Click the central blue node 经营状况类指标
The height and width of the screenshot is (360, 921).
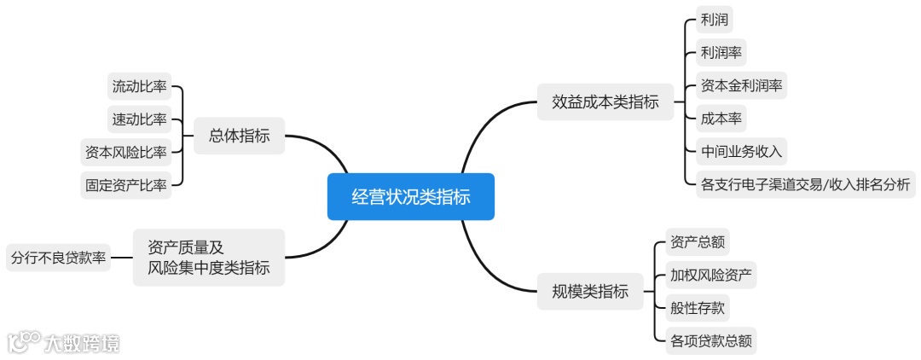pos(410,197)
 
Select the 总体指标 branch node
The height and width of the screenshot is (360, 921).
pos(239,136)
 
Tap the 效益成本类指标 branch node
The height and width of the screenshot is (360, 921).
pos(605,102)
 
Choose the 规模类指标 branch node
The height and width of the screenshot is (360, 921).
pos(584,292)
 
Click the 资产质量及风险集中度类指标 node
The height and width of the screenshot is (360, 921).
pos(209,258)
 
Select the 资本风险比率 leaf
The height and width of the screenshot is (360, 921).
pos(125,152)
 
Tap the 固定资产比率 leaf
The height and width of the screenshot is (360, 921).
pos(125,183)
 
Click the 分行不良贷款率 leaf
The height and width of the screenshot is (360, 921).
pos(58,257)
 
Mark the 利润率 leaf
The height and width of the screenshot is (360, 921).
pos(721,53)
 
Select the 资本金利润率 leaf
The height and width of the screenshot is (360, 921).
pos(741,85)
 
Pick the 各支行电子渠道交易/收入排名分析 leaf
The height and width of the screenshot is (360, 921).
pos(804,183)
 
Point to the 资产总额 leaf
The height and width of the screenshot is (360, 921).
pos(698,242)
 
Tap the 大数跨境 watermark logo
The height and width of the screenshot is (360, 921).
pos(64,343)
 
